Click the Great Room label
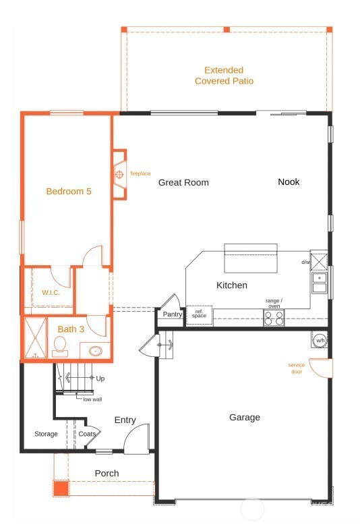(183, 182)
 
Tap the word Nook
(289, 182)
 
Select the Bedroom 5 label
(69, 192)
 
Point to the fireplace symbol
(119, 174)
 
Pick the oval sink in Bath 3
(96, 351)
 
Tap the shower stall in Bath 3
(35, 337)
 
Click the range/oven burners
(274, 318)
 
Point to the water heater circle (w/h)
(320, 340)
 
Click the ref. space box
(200, 315)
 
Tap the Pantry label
(173, 314)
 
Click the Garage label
(244, 418)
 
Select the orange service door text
(297, 368)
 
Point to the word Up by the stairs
(100, 379)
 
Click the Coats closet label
(87, 434)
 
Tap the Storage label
(46, 434)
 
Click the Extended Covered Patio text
(224, 76)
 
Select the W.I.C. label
(51, 293)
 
